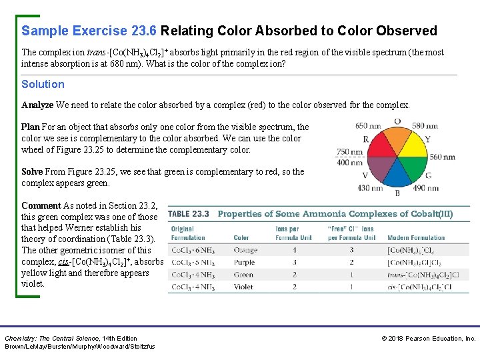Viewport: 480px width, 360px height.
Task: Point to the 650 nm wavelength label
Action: point(368,125)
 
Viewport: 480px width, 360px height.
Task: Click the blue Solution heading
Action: point(43,84)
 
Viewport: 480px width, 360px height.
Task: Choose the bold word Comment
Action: point(41,205)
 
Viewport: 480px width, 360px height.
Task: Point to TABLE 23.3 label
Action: point(189,214)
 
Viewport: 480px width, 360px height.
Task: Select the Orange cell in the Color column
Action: point(245,250)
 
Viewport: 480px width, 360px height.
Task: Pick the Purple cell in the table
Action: point(244,262)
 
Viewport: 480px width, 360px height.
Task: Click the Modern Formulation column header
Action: point(415,237)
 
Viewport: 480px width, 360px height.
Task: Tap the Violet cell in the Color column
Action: point(243,287)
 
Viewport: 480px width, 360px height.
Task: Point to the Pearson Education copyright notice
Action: point(428,339)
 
